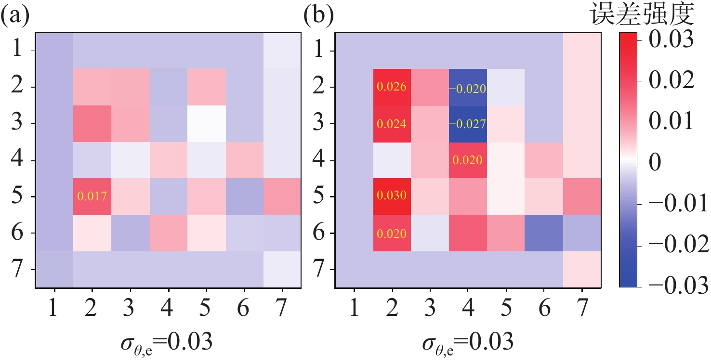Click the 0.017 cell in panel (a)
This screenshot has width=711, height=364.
(92, 196)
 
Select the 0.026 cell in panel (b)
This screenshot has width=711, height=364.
(392, 87)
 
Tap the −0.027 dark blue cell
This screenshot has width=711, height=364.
(467, 124)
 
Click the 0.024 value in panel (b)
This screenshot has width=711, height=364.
(392, 124)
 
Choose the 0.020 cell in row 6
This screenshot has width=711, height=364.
(392, 234)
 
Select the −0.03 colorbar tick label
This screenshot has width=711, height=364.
(676, 286)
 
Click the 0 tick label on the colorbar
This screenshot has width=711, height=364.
(655, 163)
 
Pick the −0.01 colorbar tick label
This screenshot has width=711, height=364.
(676, 204)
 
